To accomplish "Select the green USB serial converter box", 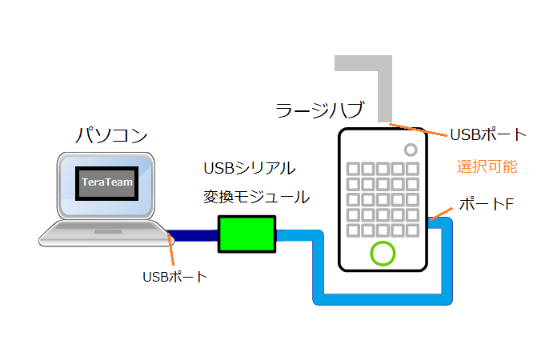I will (x=246, y=234).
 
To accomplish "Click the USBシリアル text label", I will (x=250, y=169).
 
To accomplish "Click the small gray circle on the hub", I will (x=411, y=149).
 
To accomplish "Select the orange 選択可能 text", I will (x=487, y=167).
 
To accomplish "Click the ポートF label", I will (x=485, y=205).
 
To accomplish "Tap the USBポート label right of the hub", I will (x=488, y=134).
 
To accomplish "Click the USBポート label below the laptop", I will (x=174, y=278).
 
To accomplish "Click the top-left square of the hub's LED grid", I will (x=352, y=169).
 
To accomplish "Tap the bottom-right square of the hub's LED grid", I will (x=412, y=230).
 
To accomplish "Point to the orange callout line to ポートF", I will (x=443, y=211).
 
